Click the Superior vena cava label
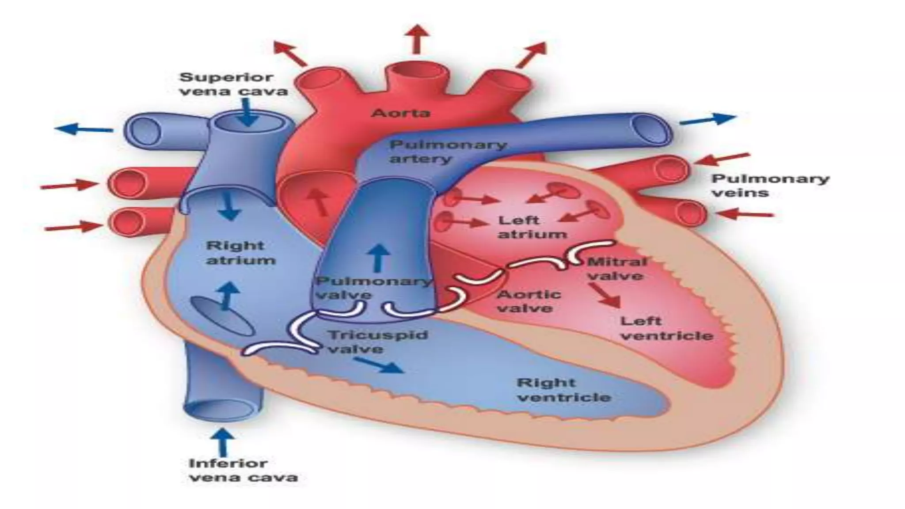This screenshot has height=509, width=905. pyautogui.click(x=233, y=84)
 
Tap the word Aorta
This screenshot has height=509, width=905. pyautogui.click(x=400, y=113)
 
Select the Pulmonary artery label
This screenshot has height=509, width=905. pyautogui.click(x=447, y=152)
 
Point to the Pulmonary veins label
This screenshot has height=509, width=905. pyautogui.click(x=770, y=186)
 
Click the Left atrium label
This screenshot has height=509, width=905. pyautogui.click(x=532, y=227)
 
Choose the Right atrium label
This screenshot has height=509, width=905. pyautogui.click(x=241, y=253)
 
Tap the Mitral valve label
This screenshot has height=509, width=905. pyautogui.click(x=616, y=269)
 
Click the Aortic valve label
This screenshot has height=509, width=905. pyautogui.click(x=529, y=301)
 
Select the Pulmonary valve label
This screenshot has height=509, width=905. pyautogui.click(x=373, y=288)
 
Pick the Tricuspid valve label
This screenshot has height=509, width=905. pyautogui.click(x=378, y=342)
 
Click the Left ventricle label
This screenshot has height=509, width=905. pyautogui.click(x=666, y=328)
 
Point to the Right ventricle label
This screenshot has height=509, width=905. pyautogui.click(x=563, y=390)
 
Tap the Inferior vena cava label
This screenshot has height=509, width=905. pyautogui.click(x=243, y=470)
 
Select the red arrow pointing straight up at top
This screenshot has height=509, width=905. pyautogui.click(x=416, y=39)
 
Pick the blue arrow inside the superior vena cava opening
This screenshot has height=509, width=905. pyautogui.click(x=248, y=113)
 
